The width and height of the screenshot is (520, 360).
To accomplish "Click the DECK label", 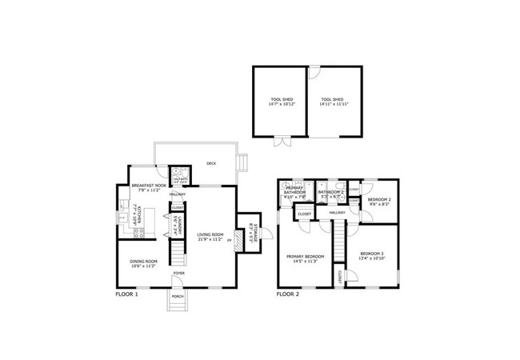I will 211,163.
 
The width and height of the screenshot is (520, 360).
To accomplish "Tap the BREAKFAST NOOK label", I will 149,186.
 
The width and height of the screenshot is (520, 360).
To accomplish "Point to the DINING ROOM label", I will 144,262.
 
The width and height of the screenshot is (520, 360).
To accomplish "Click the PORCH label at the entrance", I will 177,297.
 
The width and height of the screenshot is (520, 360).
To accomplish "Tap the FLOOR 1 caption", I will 127,294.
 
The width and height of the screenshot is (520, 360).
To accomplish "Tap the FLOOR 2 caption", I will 288,294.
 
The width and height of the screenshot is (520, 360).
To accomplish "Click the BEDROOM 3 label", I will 372,254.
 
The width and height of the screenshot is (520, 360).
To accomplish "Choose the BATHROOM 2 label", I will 330,192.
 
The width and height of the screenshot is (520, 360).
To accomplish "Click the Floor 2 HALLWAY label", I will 338,213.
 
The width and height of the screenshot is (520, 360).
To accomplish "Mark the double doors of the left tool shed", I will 281,143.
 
